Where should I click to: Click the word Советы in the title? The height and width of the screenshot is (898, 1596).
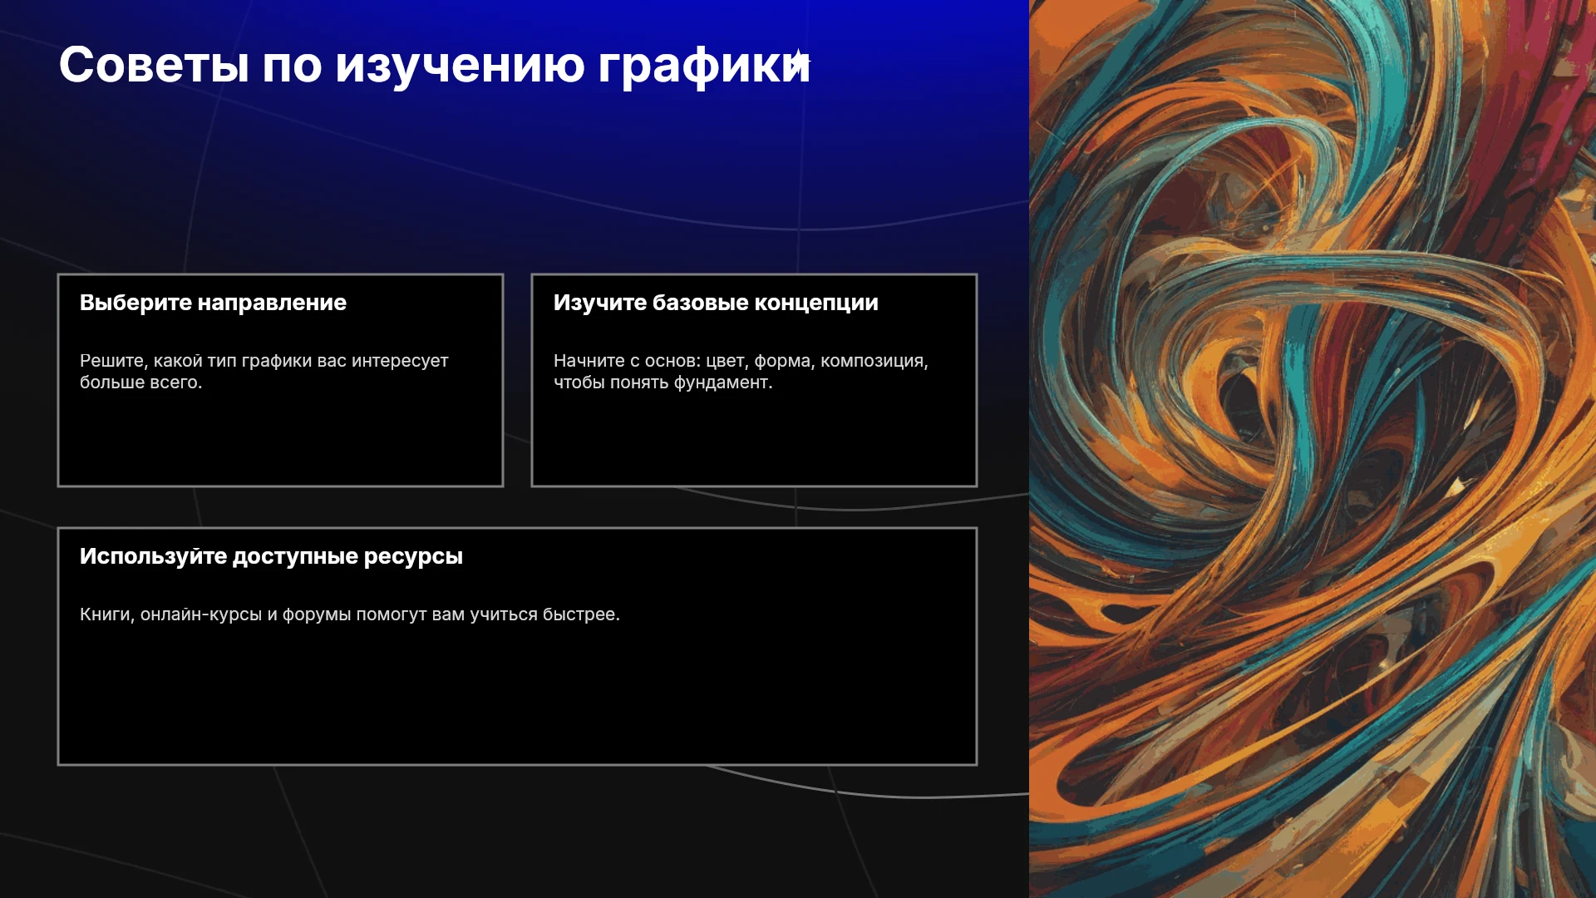154,64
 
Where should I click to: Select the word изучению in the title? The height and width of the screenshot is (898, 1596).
460,66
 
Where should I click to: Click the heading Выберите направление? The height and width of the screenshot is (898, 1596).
213,303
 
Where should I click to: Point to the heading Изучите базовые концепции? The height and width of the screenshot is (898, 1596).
716,303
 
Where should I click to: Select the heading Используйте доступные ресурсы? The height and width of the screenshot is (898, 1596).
271,556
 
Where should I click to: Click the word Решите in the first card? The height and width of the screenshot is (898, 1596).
113,361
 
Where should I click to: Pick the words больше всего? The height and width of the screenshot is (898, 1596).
140,382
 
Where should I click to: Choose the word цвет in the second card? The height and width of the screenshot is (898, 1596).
727,361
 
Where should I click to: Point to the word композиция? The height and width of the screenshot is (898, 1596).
874,361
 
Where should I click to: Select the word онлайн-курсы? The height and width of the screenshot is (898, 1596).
201,614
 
